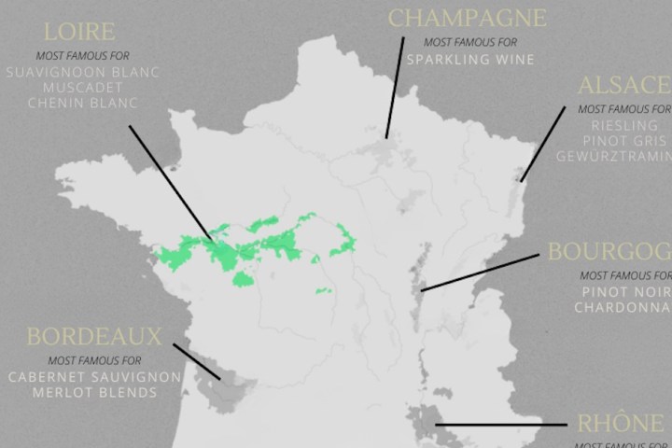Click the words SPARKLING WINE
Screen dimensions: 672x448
pyautogui.click(x=469, y=60)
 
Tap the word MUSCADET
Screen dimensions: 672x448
pyautogui.click(x=82, y=87)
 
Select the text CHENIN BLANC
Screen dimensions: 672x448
pyautogui.click(x=82, y=103)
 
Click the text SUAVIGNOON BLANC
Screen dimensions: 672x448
pyautogui.click(x=82, y=72)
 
